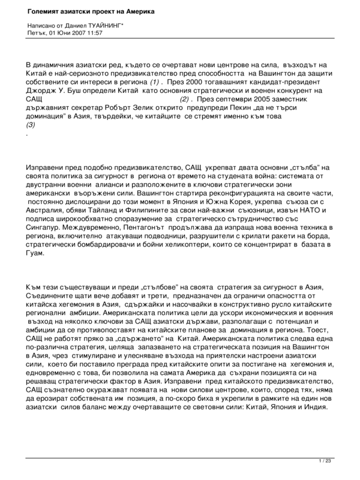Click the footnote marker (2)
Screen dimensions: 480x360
point(188,98)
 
